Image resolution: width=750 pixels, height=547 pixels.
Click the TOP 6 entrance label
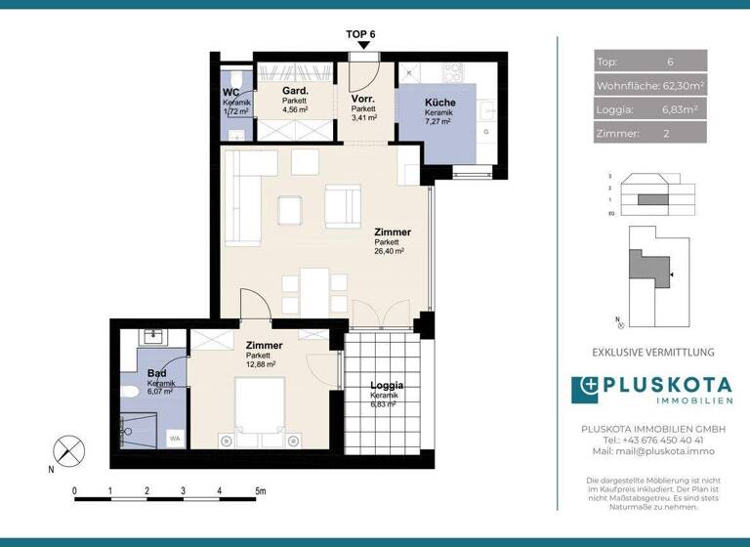(x=361, y=33)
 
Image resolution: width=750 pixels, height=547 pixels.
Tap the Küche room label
(x=437, y=103)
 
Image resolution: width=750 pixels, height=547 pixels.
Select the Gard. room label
(x=295, y=89)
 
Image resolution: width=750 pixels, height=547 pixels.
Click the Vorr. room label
(x=364, y=100)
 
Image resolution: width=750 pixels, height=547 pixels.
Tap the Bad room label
(x=156, y=373)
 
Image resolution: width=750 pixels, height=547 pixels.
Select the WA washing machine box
(x=175, y=439)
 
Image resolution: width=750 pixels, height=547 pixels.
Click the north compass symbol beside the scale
(x=66, y=451)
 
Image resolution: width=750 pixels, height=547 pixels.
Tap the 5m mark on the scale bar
(x=258, y=490)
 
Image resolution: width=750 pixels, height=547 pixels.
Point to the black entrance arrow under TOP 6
(x=362, y=45)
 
